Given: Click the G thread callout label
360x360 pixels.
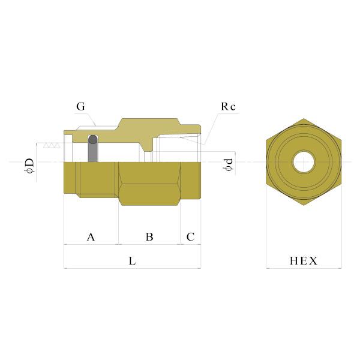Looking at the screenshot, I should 80,107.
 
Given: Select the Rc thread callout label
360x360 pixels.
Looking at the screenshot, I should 228,106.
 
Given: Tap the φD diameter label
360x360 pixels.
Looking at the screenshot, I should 29,163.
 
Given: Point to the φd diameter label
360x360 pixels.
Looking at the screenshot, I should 227,163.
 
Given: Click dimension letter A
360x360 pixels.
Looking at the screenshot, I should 91,237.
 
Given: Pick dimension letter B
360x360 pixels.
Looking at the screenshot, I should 149,237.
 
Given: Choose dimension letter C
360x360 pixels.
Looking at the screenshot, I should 190,237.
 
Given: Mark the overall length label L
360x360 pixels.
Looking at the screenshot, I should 132,262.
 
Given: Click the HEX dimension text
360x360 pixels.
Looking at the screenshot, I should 304,261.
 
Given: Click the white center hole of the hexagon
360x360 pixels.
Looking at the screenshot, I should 303,162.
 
